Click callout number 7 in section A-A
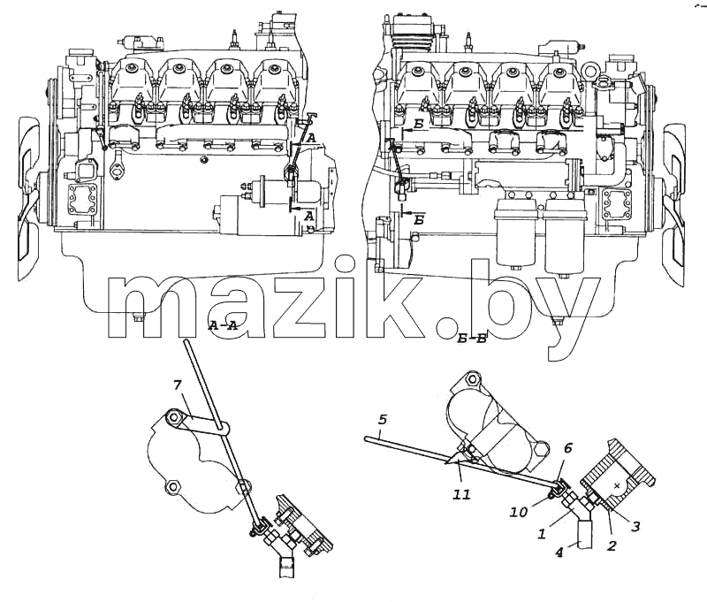[177, 385]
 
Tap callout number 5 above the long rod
[383, 420]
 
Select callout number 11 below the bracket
[461, 495]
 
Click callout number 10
[519, 512]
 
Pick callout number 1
[543, 533]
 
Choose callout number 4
[559, 552]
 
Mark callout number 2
[612, 545]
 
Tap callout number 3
[635, 526]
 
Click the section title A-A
[224, 326]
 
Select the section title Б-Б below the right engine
[472, 339]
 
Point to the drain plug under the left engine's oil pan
[139, 318]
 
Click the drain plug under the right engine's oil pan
[559, 321]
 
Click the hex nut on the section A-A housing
[172, 487]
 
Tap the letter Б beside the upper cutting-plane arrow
[418, 125]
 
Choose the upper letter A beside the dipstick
[311, 140]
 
